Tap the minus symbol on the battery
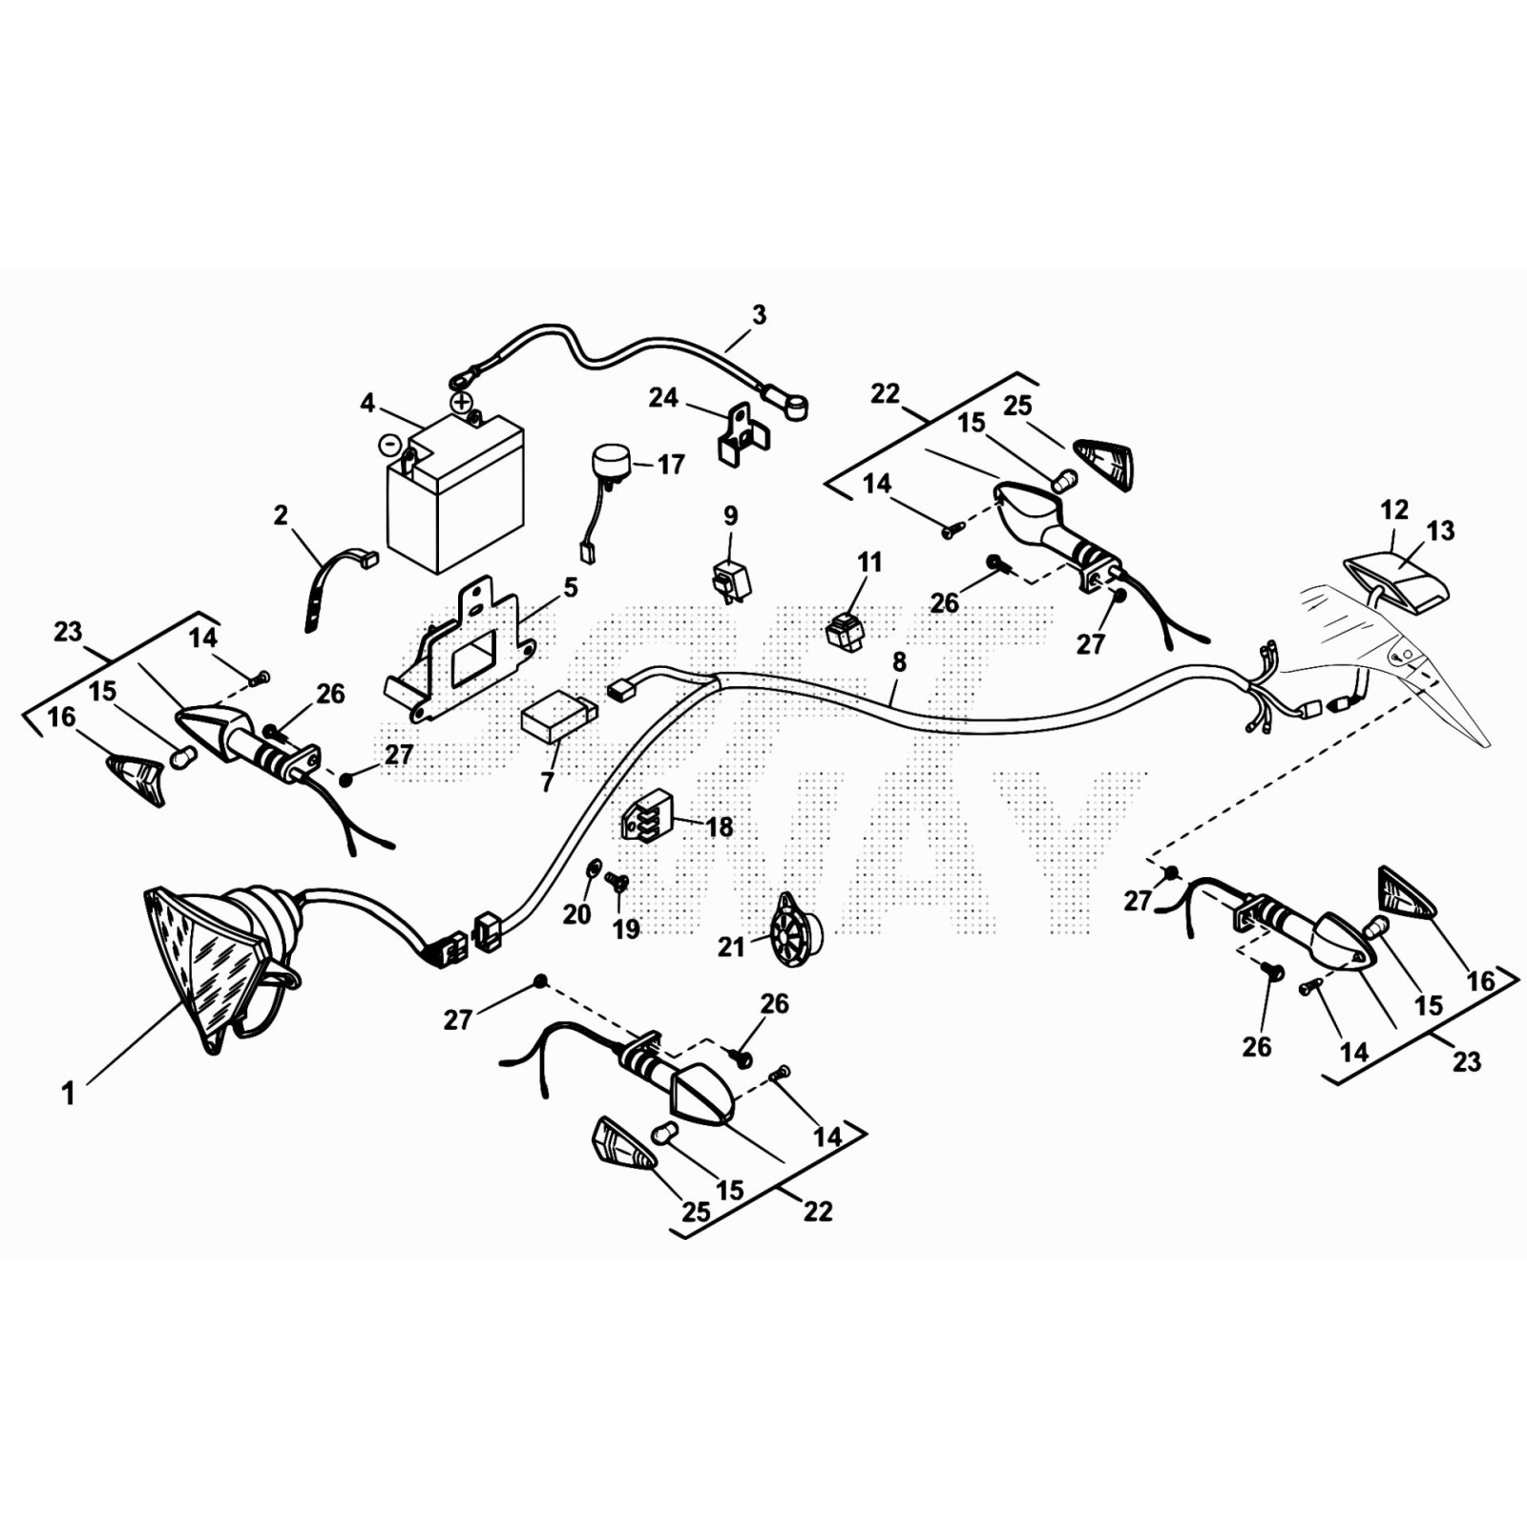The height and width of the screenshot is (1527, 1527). pyautogui.click(x=389, y=444)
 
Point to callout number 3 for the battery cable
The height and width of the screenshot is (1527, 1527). pyautogui.click(x=759, y=315)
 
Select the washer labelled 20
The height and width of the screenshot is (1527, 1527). pyautogui.click(x=591, y=868)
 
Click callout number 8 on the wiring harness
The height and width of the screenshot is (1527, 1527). pyautogui.click(x=898, y=661)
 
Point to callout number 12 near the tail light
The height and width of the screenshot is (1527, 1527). pyautogui.click(x=1394, y=510)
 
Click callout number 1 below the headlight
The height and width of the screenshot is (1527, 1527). pyautogui.click(x=68, y=1094)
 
